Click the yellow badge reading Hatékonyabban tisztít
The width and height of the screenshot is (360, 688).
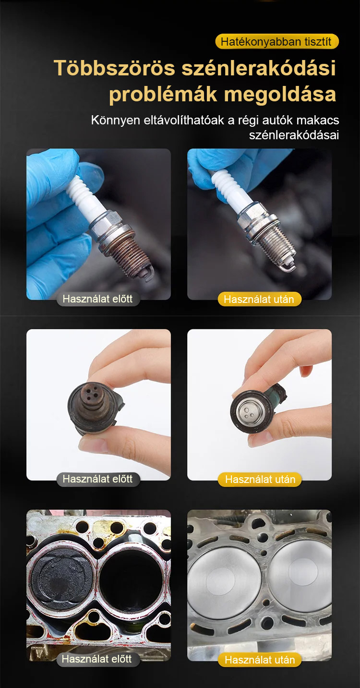pyautogui.click(x=277, y=42)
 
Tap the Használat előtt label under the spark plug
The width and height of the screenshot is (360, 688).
pyautogui.click(x=97, y=299)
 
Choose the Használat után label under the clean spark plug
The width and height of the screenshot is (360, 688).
pyautogui.click(x=259, y=299)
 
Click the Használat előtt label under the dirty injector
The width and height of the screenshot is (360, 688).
pyautogui.click(x=97, y=479)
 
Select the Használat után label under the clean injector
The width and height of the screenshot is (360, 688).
pyautogui.click(x=260, y=479)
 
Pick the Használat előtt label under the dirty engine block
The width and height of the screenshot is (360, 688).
pyautogui.click(x=97, y=659)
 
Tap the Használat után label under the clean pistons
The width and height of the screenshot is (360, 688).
pyautogui.click(x=260, y=660)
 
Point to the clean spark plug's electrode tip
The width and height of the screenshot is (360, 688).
pyautogui.click(x=289, y=268)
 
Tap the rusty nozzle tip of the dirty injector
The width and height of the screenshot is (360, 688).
pyautogui.click(x=92, y=394)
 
